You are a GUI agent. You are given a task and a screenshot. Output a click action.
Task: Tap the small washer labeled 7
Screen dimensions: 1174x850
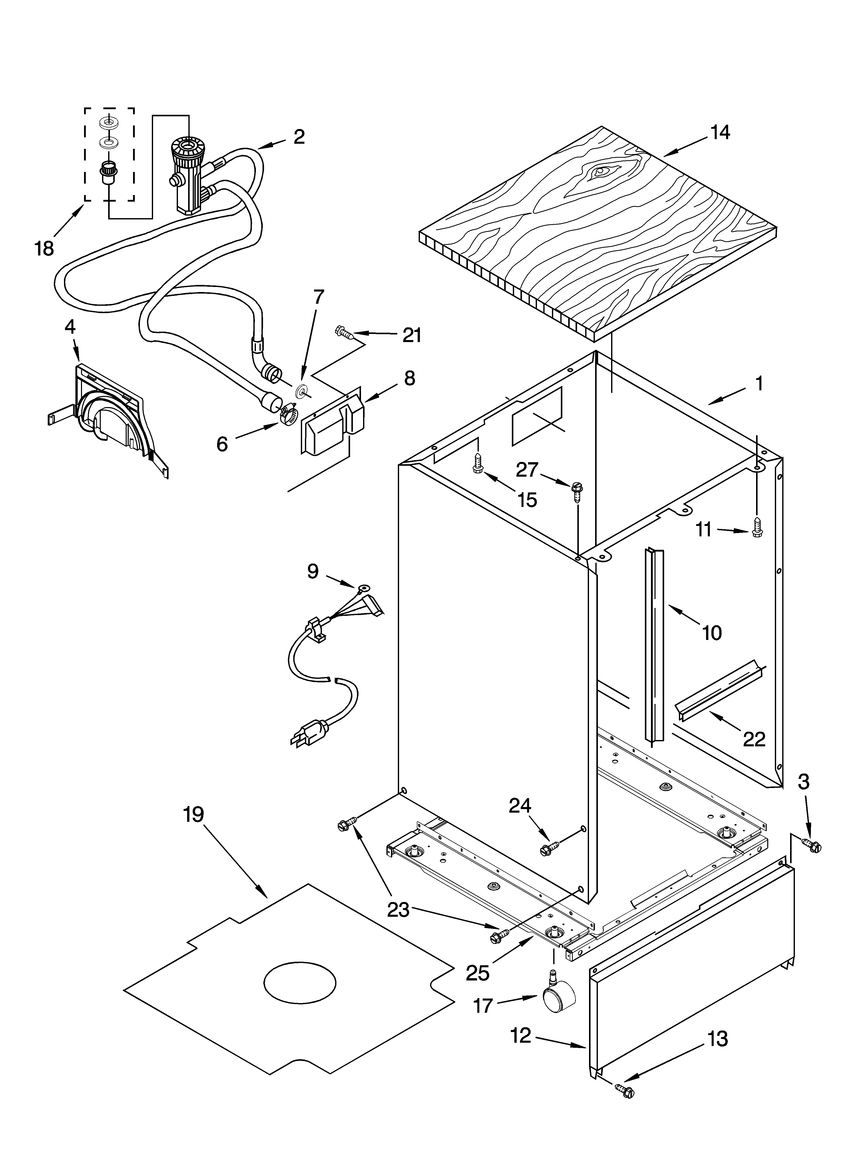coord(300,392)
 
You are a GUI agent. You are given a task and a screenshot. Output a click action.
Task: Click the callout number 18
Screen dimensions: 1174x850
coord(44,248)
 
